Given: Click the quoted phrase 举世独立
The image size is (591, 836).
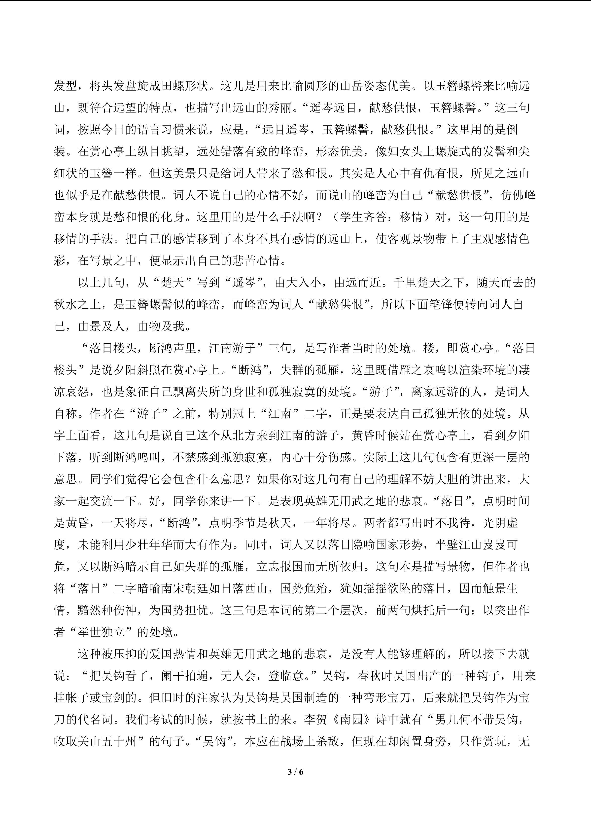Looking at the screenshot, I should click(95, 632).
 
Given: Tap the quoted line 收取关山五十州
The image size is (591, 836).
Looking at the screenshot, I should click(95, 742).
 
